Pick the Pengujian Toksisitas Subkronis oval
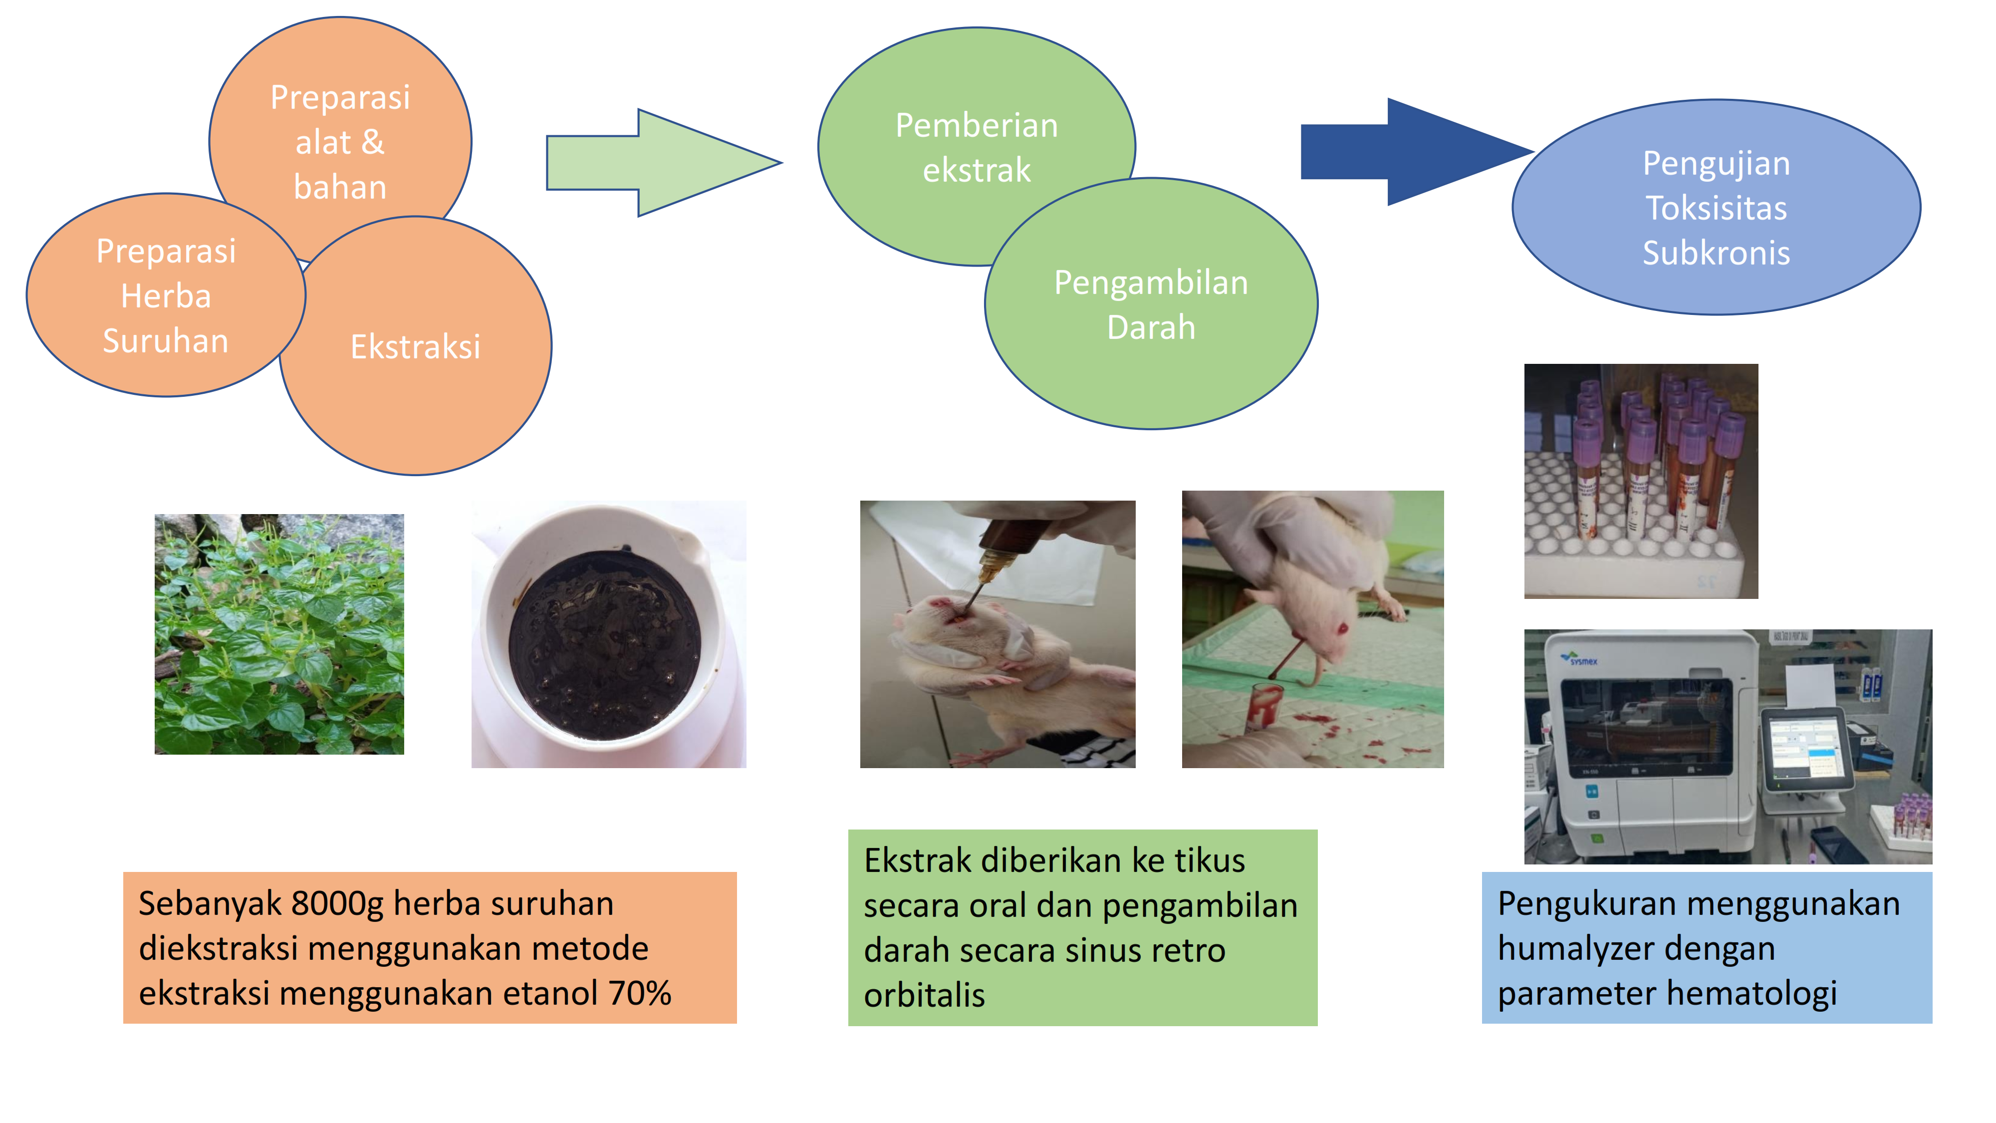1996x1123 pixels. tap(1716, 207)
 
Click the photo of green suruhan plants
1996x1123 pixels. tap(279, 634)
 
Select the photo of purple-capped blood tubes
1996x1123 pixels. tap(1641, 481)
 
